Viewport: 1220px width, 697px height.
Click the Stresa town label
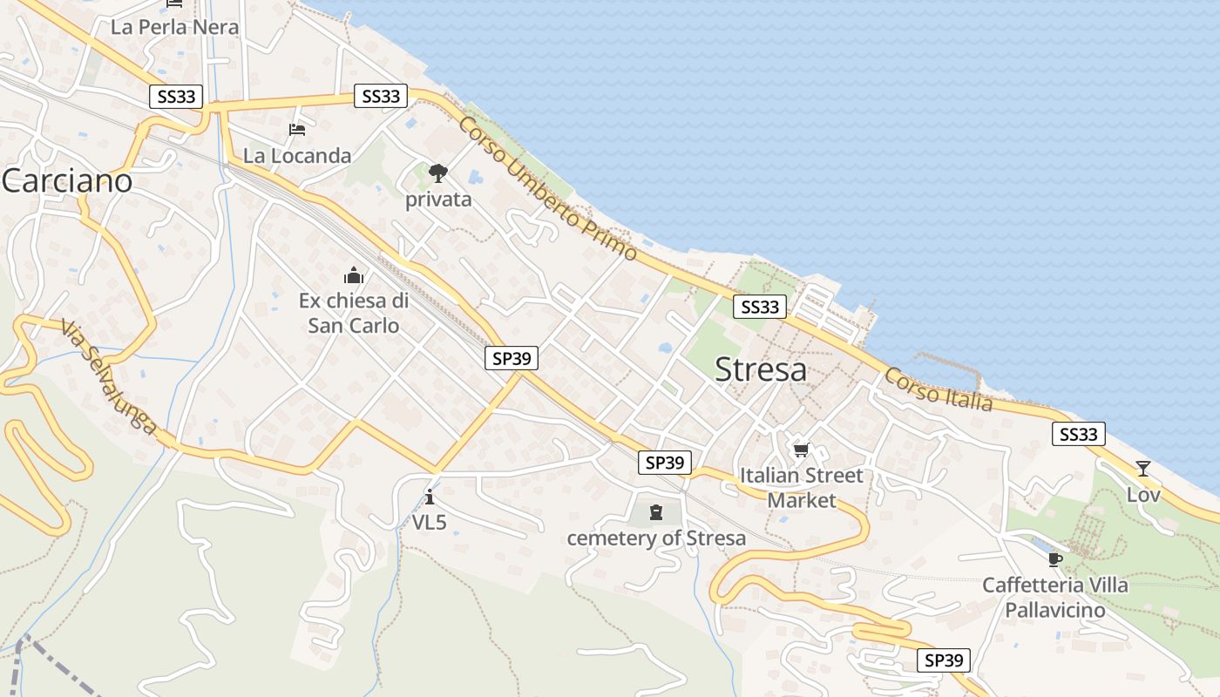pos(760,369)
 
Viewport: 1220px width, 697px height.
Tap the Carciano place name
pos(66,181)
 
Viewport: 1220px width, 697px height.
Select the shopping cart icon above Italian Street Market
pos(801,450)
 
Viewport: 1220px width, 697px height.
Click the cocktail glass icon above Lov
pos(1142,469)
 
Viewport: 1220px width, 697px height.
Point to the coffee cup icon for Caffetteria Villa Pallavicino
pos(1055,559)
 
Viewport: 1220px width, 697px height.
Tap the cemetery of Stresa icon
pos(656,512)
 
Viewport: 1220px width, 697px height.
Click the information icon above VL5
pos(430,497)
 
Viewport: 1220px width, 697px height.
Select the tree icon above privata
pos(437,173)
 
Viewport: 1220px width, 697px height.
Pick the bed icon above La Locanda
pos(297,130)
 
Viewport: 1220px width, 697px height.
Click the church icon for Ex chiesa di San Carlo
pos(354,276)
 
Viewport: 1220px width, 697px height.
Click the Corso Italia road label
pos(938,389)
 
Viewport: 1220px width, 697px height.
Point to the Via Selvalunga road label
pos(108,377)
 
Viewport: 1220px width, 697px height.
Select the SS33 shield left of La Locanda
pos(177,96)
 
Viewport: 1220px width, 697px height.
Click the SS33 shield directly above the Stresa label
pos(759,307)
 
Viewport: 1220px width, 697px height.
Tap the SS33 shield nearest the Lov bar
pos(1078,434)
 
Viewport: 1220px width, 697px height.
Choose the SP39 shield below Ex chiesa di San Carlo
pos(512,357)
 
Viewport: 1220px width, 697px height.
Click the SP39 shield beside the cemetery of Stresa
pos(664,463)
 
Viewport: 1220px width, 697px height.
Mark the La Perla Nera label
pos(174,27)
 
